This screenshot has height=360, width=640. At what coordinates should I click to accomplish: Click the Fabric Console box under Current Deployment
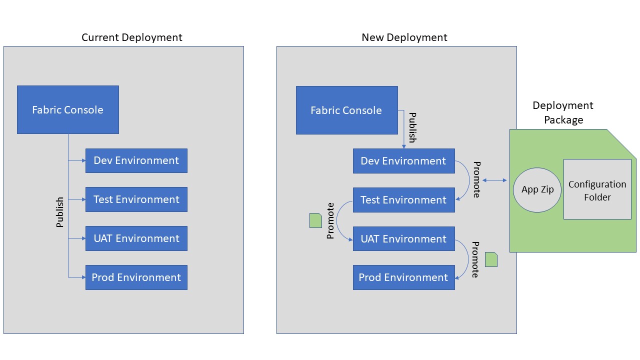68,109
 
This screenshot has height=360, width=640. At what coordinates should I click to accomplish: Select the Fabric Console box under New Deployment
346,110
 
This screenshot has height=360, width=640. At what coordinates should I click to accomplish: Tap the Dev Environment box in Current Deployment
136,160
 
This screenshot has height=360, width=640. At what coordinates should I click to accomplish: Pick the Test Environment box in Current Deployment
136,199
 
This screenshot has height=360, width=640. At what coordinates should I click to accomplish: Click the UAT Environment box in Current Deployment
136,238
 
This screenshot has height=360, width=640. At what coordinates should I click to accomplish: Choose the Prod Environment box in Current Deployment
136,277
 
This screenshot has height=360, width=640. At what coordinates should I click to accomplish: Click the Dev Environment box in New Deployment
403,161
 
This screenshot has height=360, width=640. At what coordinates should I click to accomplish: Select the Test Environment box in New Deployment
403,200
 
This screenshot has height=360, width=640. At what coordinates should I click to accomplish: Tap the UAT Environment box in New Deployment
403,239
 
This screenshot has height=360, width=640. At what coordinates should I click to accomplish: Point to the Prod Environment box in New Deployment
403,277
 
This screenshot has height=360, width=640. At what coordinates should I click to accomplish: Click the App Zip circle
537,190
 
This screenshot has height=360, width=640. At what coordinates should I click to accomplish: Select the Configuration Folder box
597,190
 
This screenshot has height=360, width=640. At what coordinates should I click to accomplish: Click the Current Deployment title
132,37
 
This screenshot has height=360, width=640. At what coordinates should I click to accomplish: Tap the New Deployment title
404,37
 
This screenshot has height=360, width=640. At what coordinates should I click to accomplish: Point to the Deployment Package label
563,112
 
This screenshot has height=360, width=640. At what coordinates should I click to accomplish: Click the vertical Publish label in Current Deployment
60,212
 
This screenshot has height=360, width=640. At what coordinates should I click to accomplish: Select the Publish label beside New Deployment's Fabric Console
412,128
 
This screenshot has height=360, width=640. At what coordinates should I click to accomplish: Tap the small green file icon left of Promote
315,220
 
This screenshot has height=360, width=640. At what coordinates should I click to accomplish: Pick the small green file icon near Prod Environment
491,259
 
